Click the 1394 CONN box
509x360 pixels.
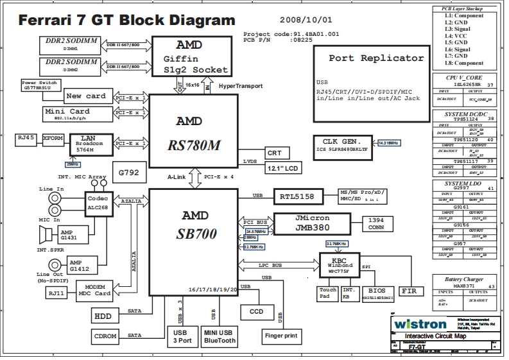click(x=376, y=223)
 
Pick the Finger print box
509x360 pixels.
click(x=280, y=335)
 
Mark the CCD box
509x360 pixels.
click(x=256, y=311)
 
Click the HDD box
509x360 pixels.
click(x=103, y=316)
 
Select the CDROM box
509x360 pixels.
click(x=105, y=336)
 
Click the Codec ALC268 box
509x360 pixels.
click(x=98, y=203)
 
